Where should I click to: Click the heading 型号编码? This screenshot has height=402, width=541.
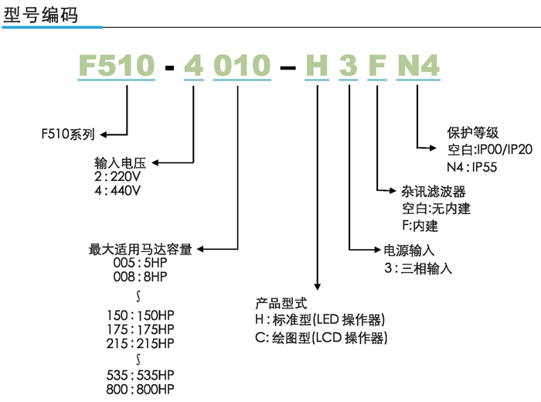point(41,14)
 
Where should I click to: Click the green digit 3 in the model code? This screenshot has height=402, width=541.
point(348,66)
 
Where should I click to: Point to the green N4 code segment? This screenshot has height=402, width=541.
point(418,66)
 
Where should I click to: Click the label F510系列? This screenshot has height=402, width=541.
point(68,133)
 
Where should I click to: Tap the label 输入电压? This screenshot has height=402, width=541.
point(114,164)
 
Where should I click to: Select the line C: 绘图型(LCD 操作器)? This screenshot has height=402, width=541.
point(320,338)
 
